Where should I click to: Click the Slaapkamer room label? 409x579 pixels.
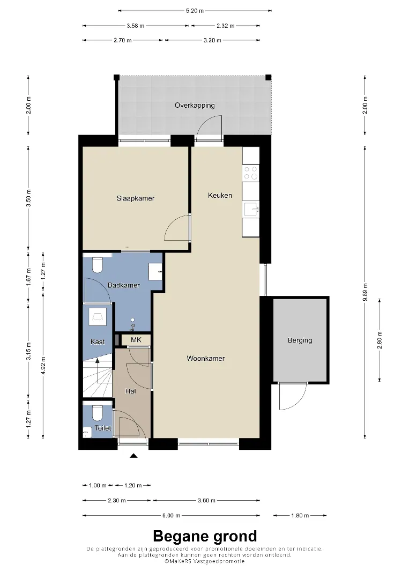136,198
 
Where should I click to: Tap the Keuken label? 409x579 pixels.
220,195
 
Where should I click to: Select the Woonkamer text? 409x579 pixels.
206,358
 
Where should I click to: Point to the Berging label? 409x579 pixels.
300,340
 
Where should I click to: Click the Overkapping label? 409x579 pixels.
195,105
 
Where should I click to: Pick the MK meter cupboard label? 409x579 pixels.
136,340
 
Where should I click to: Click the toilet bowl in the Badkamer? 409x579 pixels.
98,265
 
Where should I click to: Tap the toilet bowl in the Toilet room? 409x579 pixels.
98,413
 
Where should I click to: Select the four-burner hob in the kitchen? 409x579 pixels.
251,173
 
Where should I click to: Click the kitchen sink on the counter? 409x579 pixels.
251,210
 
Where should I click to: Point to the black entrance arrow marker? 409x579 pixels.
133,456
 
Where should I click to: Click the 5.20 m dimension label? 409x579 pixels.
195,11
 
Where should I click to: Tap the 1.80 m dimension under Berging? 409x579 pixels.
300,515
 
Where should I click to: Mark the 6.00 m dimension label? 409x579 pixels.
172,515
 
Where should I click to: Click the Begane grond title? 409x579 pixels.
205,536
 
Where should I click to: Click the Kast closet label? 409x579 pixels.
98,342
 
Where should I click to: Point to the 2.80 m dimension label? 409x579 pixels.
380,340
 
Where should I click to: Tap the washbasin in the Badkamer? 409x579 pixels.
155,272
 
